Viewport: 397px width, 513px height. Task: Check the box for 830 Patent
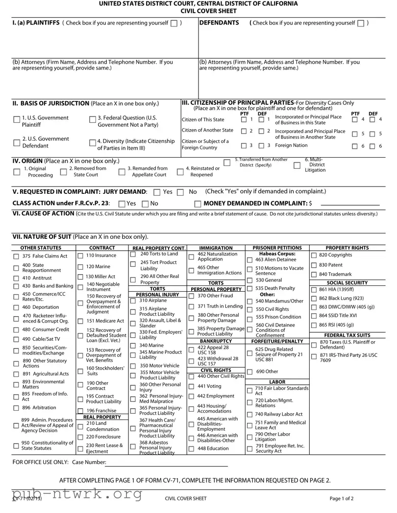click(x=314, y=265)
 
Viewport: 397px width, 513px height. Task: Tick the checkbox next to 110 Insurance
click(x=80, y=256)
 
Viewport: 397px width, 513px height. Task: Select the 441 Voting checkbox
click(x=191, y=387)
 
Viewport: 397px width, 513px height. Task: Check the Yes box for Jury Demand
click(x=157, y=192)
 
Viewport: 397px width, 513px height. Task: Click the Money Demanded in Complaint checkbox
click(x=198, y=204)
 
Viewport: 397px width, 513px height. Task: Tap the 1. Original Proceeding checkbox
click(x=17, y=171)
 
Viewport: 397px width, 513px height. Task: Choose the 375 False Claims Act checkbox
click(x=16, y=256)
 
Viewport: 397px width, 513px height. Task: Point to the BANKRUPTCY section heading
click(x=216, y=327)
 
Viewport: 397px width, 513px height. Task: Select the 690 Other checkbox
click(x=250, y=372)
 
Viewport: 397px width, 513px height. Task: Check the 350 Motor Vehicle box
click(x=133, y=366)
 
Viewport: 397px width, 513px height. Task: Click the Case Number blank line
click(x=167, y=463)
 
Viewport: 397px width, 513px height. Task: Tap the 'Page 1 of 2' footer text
click(x=342, y=499)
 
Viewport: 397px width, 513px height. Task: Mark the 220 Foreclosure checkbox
click(x=80, y=437)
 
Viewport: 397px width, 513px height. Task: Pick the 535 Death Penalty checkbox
click(x=250, y=289)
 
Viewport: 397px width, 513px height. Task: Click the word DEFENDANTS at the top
click(x=219, y=23)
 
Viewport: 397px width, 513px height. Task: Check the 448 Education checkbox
click(x=191, y=449)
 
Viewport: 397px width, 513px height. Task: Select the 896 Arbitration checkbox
click(x=16, y=408)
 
